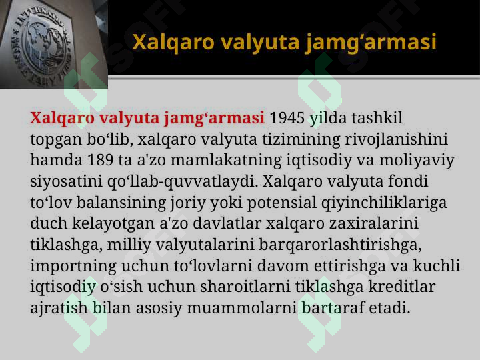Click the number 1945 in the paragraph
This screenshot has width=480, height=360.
pyautogui.click(x=287, y=118)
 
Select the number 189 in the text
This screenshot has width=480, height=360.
pyautogui.click(x=100, y=160)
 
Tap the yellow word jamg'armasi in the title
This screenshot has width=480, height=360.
pyautogui.click(x=371, y=43)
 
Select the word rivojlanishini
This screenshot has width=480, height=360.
pyautogui.click(x=397, y=139)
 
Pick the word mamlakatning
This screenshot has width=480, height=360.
pyautogui.click(x=226, y=161)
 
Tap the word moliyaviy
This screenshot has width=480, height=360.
pyautogui.click(x=417, y=161)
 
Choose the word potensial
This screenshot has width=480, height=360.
pyautogui.click(x=281, y=203)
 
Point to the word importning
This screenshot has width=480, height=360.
pyautogui.click(x=73, y=266)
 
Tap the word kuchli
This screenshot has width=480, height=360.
pyautogui.click(x=437, y=265)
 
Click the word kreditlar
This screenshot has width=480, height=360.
pyautogui.click(x=401, y=287)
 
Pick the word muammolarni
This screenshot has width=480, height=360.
pyautogui.click(x=242, y=307)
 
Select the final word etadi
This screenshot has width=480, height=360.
pyautogui.click(x=389, y=307)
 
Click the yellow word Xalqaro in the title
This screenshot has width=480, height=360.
pyautogui.click(x=173, y=43)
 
